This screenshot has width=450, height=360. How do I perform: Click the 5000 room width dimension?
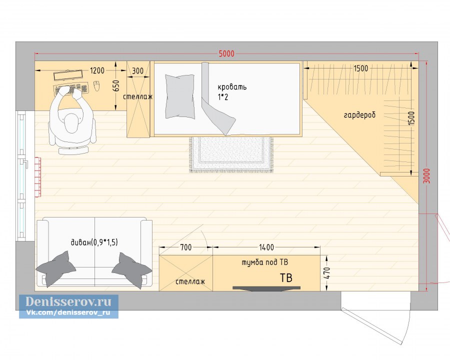tap(226, 53)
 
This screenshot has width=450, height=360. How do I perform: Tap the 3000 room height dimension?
tap(427, 176)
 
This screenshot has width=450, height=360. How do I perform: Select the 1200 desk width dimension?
tap(97, 70)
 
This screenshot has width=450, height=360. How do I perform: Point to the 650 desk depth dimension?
tap(115, 86)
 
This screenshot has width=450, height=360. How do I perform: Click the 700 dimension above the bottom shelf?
tap(186, 247)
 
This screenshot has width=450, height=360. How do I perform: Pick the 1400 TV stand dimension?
tap(266, 247)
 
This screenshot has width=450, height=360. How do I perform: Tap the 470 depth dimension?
tap(327, 273)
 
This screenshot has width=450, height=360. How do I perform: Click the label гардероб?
tap(359, 115)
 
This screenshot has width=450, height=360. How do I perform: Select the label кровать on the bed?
tap(232, 86)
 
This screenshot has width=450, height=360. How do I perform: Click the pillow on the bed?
tap(179, 96)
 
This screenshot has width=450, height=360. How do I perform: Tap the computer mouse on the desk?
tap(96, 85)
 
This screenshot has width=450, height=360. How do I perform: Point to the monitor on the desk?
tap(68, 75)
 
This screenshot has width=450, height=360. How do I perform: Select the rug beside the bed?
tap(231, 154)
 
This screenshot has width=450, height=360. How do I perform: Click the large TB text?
tap(286, 278)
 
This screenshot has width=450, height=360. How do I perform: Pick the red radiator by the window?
tap(38, 177)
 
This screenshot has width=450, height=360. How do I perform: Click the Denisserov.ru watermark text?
tap(68, 301)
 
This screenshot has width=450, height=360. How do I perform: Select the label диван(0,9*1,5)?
tap(94, 242)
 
